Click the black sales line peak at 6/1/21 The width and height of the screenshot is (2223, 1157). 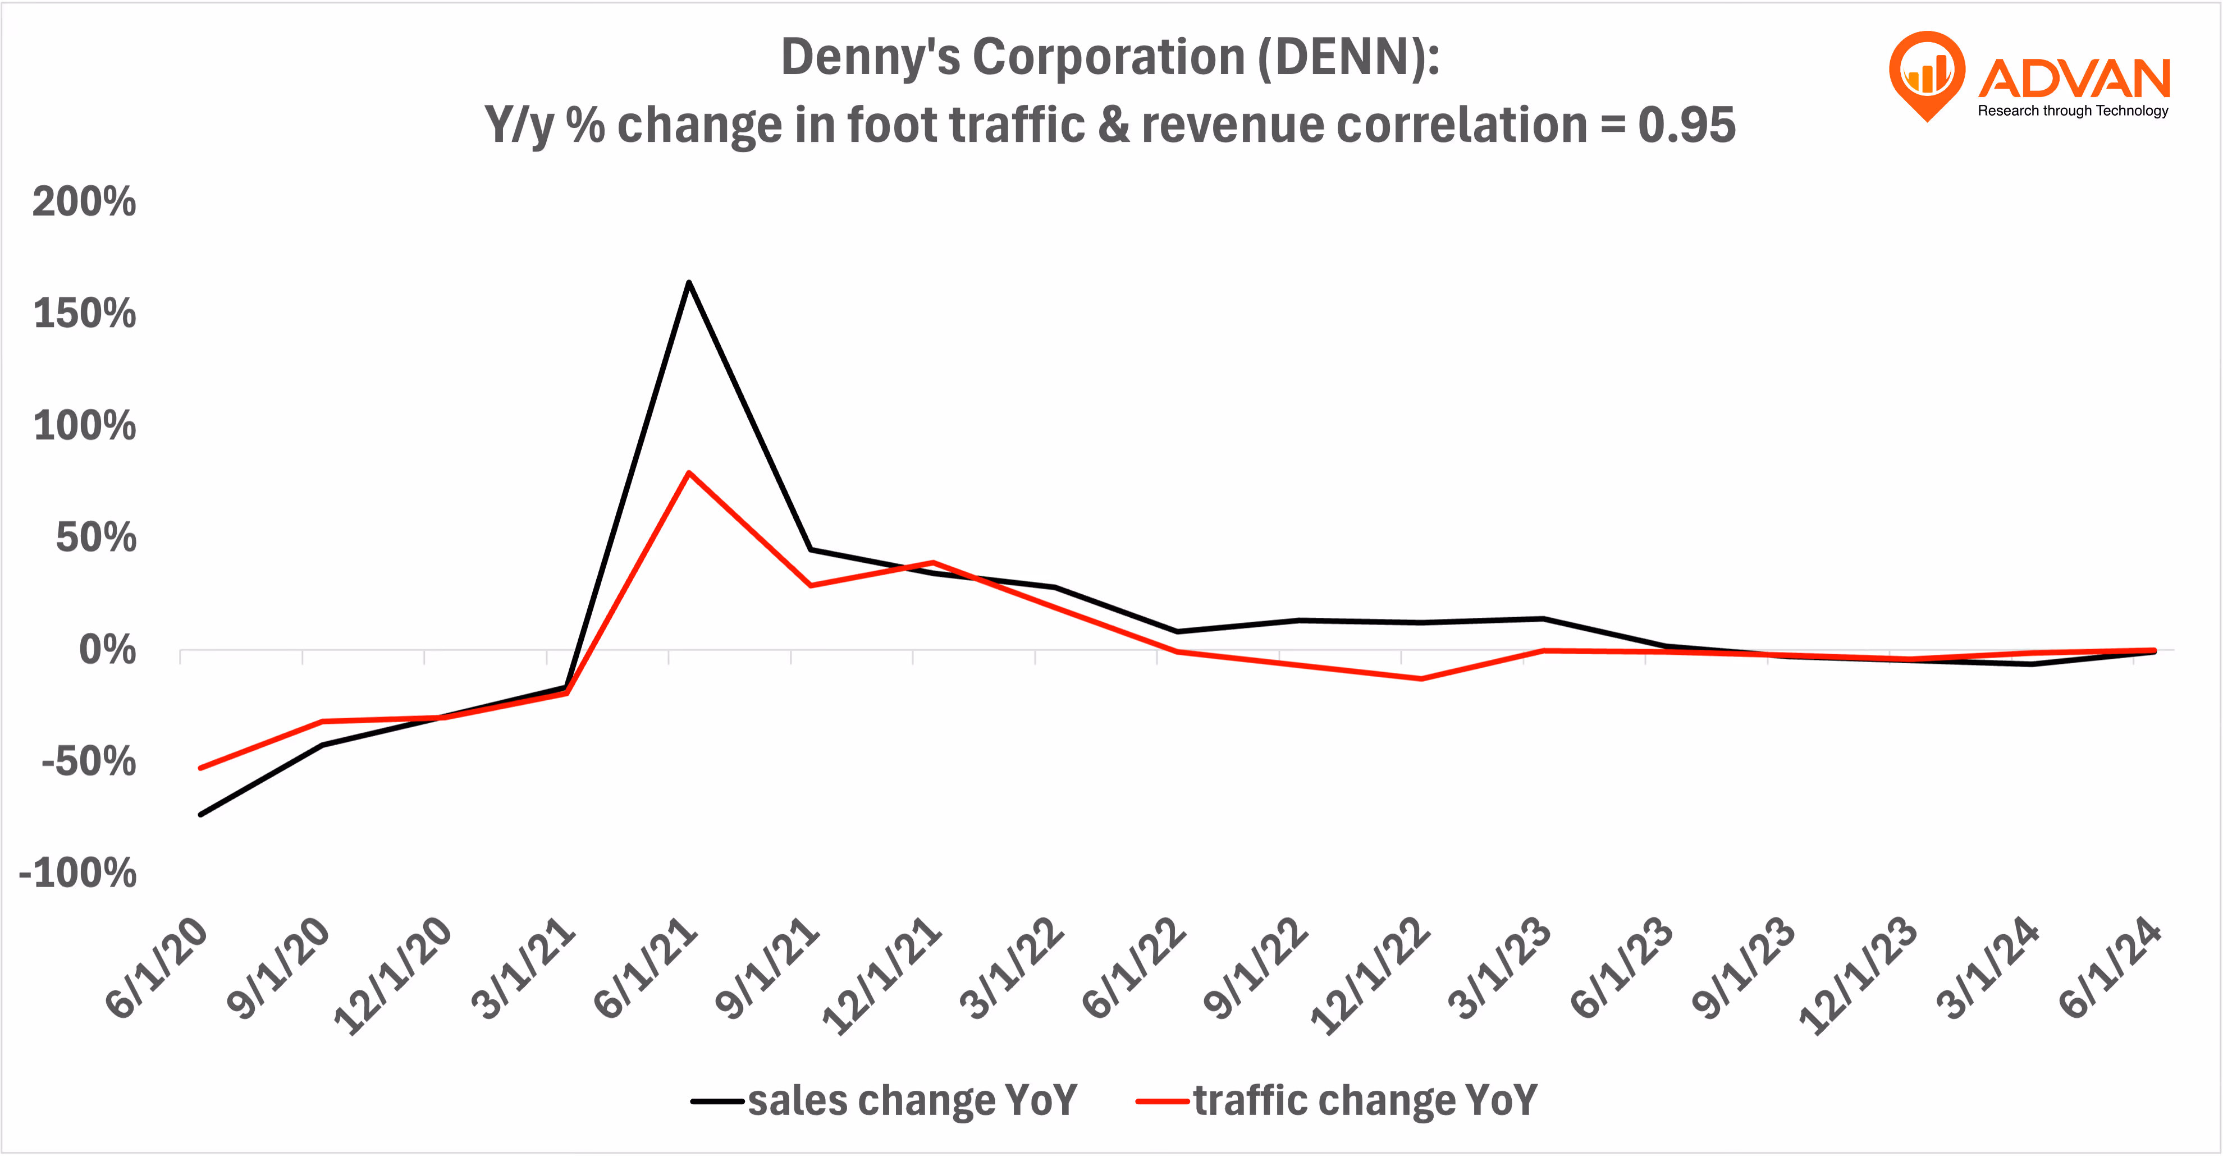[x=688, y=283]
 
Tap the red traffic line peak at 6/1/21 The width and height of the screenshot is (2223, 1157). [x=688, y=474]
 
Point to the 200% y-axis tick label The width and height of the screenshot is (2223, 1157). [x=84, y=202]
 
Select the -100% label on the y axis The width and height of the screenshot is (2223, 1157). [x=77, y=873]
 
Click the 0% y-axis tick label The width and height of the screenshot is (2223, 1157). [x=107, y=650]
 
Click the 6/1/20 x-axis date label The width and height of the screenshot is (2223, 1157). [x=158, y=968]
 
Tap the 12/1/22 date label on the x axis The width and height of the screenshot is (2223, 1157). [x=1370, y=977]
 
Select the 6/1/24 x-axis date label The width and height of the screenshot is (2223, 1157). [x=2111, y=968]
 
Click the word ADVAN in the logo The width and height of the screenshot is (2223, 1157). [x=2074, y=79]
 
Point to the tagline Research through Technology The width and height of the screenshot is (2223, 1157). [x=2073, y=111]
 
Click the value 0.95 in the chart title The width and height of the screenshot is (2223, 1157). [x=1686, y=125]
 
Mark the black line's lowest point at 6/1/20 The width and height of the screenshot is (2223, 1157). [x=201, y=814]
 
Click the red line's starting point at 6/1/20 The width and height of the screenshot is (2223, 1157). [x=201, y=767]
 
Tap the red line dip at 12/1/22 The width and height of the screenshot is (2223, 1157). [x=1420, y=678]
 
